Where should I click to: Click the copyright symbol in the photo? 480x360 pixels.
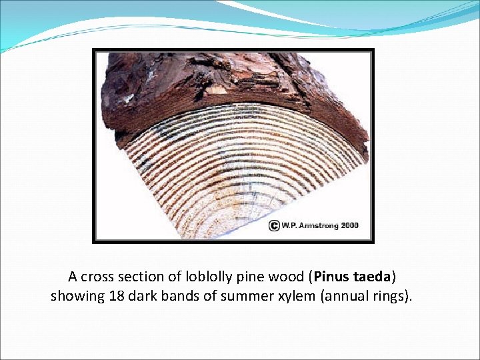coord(274,225)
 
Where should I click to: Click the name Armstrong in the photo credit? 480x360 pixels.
coord(319,225)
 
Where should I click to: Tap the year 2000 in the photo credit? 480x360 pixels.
coord(350,225)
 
